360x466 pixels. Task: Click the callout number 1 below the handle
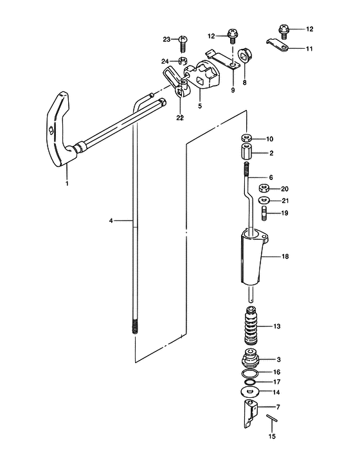67,183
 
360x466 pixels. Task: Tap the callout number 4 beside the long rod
111,221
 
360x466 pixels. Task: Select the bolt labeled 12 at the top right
284,31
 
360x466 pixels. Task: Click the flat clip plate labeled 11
277,44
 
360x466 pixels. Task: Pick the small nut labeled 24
183,61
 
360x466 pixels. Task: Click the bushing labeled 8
246,55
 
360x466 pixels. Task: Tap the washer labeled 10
246,138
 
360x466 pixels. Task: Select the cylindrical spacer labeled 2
247,152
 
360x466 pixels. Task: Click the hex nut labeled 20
264,188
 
